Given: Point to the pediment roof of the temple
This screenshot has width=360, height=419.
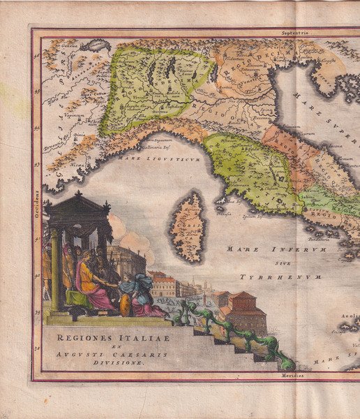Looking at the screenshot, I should pyautogui.click(x=76, y=205).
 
